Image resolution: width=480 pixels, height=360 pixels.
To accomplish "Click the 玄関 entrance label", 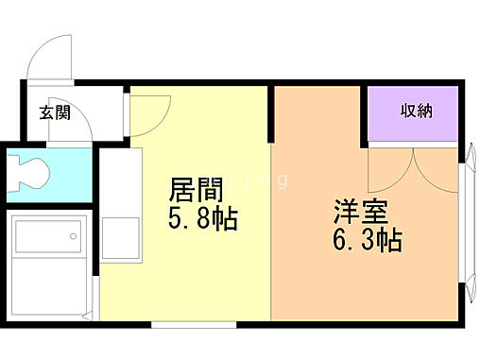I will tap(55, 113).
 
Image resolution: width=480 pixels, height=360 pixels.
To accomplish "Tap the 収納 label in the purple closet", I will tap(417, 111).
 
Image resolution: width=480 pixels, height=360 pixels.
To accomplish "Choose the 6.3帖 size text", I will tap(367, 240).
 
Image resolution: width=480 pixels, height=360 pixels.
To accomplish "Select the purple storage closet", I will tap(414, 115).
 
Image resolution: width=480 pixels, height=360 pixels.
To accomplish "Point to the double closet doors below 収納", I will tap(412, 170).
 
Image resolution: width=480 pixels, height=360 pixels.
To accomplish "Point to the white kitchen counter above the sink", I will tap(119, 180).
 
